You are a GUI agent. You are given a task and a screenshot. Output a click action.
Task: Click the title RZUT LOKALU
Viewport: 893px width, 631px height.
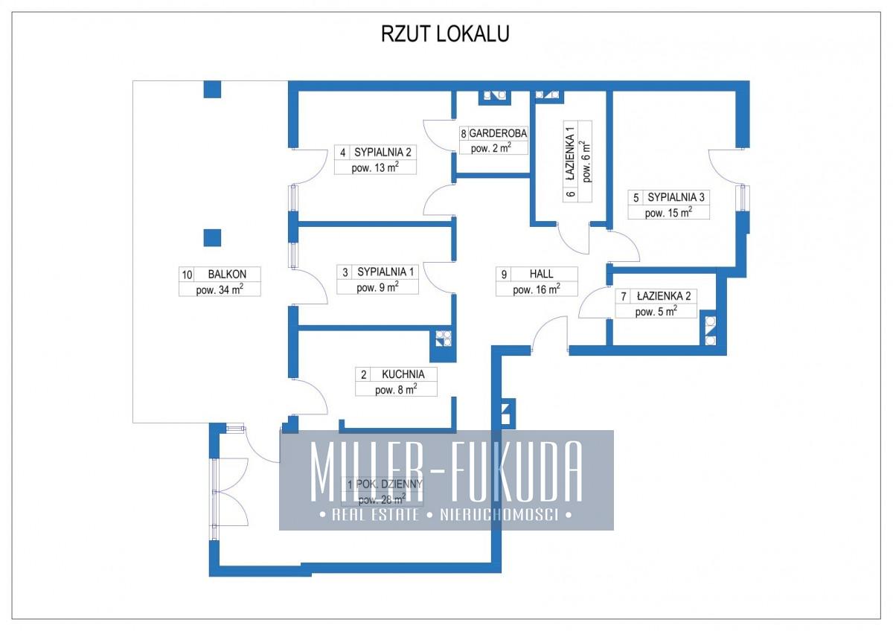(x=445, y=34)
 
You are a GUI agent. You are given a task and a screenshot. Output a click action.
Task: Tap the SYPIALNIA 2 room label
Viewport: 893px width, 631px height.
(x=383, y=153)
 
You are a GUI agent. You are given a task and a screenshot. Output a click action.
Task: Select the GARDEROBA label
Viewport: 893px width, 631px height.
(x=499, y=133)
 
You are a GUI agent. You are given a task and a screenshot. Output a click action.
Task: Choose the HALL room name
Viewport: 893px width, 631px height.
(x=542, y=274)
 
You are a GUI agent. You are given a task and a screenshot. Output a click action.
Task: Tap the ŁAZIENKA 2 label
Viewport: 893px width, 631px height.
(x=664, y=296)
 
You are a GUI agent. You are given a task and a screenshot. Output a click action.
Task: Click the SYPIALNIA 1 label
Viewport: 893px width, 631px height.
(x=387, y=272)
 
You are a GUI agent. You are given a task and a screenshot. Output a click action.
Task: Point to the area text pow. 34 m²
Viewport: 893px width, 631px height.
(x=220, y=289)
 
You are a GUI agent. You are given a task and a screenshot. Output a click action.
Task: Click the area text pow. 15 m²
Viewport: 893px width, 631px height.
(x=668, y=213)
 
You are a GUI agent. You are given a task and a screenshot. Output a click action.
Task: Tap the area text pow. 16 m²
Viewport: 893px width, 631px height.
(x=536, y=289)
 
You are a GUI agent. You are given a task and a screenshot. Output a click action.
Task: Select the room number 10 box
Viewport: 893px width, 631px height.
(x=187, y=274)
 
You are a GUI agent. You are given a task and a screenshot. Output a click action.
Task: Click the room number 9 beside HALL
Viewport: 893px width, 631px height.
(x=505, y=274)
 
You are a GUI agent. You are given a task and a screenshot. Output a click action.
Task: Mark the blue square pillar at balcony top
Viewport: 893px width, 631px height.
(x=212, y=90)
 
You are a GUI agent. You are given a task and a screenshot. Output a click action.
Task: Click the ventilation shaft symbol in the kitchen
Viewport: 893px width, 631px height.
(x=444, y=339)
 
